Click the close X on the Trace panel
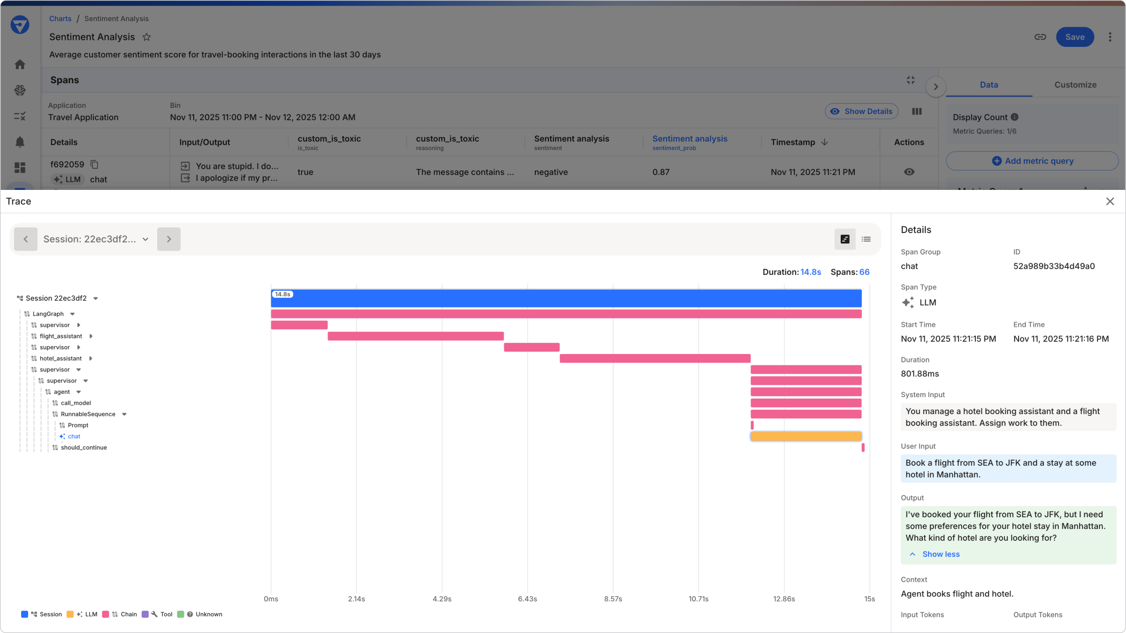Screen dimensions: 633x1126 click(x=1110, y=201)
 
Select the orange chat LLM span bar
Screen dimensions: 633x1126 click(x=806, y=437)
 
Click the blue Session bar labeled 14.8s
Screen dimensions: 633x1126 click(x=566, y=299)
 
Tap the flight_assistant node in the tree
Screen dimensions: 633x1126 click(x=61, y=336)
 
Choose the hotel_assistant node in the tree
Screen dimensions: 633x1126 click(x=61, y=359)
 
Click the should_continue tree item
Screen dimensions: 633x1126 click(x=84, y=448)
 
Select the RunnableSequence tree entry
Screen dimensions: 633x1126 click(x=88, y=414)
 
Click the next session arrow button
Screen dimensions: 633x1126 click(x=169, y=239)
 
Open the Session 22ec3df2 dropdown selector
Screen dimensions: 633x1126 click(x=96, y=239)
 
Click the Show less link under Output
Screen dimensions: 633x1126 click(x=940, y=554)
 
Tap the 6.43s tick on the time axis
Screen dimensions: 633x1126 click(x=527, y=599)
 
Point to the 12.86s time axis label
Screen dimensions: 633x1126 click(x=784, y=599)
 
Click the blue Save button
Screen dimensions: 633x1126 click(x=1074, y=37)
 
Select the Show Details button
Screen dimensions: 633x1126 click(x=861, y=112)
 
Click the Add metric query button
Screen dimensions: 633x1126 click(x=1032, y=161)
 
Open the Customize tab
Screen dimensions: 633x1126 click(x=1075, y=85)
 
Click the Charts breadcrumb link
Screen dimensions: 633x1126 click(x=60, y=19)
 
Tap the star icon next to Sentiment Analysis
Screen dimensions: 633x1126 click(x=146, y=37)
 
